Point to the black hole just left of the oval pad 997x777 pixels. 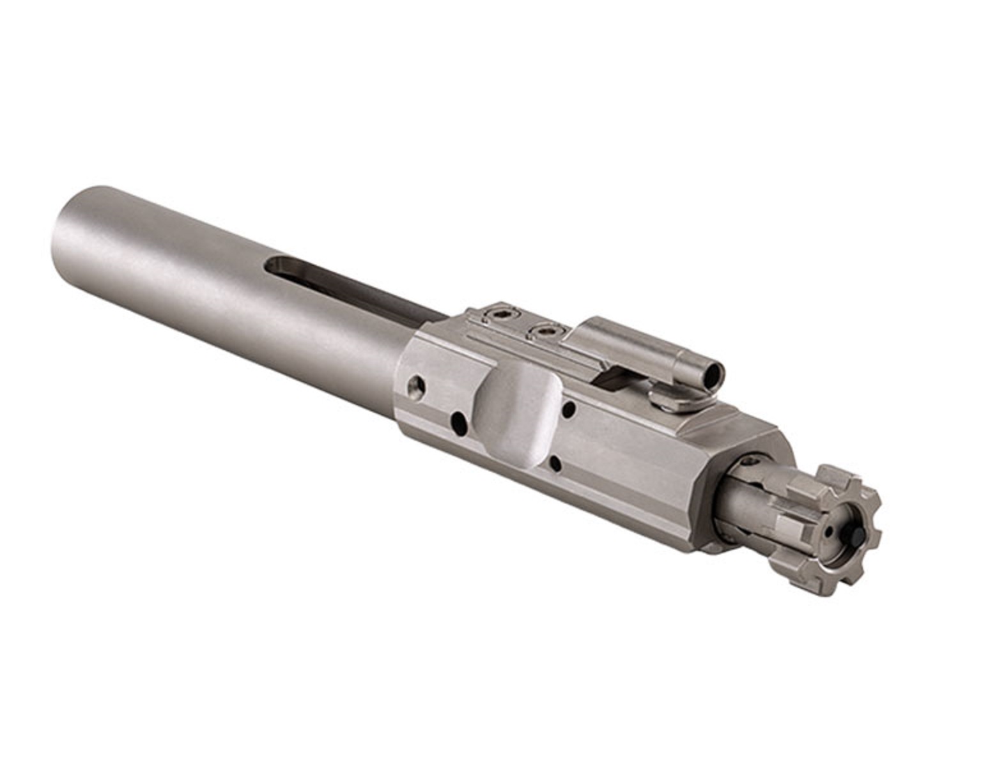[x=458, y=420]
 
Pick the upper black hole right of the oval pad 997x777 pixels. [x=569, y=408]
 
